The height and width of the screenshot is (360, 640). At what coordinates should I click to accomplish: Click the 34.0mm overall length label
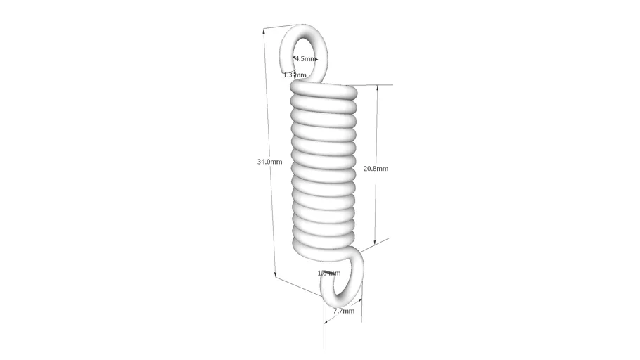[269, 162]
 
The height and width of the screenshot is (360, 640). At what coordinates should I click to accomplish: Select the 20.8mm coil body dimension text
[376, 169]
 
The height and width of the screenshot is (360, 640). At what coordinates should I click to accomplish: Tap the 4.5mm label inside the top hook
[306, 59]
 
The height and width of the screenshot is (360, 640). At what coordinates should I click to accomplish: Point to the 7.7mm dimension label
[343, 311]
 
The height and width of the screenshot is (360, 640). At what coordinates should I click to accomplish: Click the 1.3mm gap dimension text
[295, 75]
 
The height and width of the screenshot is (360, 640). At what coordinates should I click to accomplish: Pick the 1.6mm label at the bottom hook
[328, 273]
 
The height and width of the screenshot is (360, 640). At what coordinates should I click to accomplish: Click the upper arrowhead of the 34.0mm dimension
[264, 31]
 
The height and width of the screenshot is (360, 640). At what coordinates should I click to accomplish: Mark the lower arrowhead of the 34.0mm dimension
[275, 276]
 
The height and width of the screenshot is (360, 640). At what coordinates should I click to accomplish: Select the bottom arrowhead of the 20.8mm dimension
[375, 243]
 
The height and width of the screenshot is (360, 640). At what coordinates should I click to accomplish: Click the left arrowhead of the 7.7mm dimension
[326, 322]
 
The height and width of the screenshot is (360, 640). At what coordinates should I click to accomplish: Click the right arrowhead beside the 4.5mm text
[317, 59]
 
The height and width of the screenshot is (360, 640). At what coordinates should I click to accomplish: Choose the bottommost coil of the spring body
[324, 243]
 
